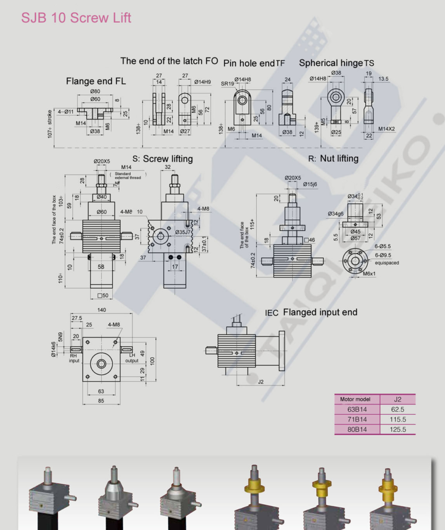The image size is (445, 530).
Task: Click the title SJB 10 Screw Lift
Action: click(x=76, y=18)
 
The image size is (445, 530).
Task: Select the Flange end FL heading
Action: click(x=96, y=81)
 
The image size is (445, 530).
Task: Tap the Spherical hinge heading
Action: click(x=331, y=63)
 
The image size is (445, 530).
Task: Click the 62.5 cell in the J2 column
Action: click(x=398, y=409)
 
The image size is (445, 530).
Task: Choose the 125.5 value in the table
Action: click(x=398, y=429)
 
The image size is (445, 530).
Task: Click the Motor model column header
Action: click(x=355, y=399)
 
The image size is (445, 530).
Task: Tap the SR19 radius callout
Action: click(x=227, y=83)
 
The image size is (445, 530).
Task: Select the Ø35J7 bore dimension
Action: click(x=183, y=232)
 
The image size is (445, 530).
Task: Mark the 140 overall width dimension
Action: click(x=101, y=310)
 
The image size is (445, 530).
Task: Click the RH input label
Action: click(x=74, y=358)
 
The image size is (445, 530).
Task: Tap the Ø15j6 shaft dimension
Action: click(x=309, y=184)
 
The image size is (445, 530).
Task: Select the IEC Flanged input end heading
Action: click(x=311, y=312)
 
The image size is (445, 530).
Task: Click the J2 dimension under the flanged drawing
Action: click(x=260, y=381)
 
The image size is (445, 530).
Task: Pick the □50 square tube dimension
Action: click(x=103, y=295)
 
